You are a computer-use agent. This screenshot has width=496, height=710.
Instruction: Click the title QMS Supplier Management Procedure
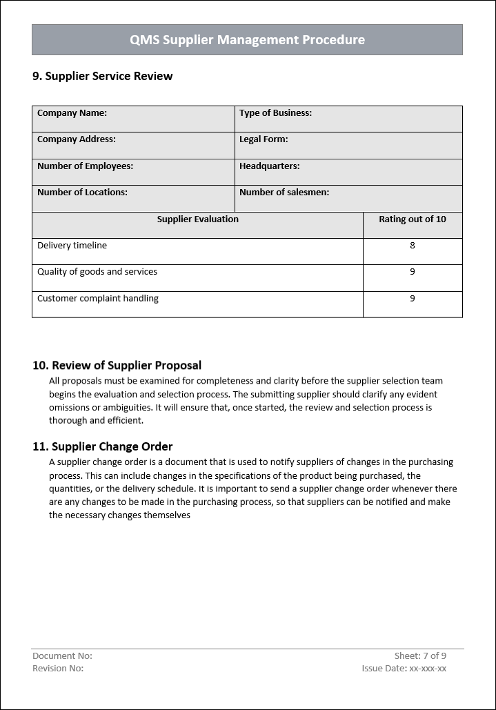pyautogui.click(x=247, y=40)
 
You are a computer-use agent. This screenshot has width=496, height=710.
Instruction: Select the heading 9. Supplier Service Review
pyautogui.click(x=102, y=76)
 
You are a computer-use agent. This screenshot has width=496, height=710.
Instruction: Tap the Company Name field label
pyautogui.click(x=72, y=113)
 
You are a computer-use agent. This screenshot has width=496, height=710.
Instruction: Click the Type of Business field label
pyautogui.click(x=275, y=113)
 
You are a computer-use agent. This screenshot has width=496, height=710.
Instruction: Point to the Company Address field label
pyautogui.click(x=76, y=139)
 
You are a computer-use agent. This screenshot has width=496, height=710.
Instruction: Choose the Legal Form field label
pyautogui.click(x=264, y=139)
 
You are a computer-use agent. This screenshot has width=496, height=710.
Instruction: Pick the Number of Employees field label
pyautogui.click(x=85, y=166)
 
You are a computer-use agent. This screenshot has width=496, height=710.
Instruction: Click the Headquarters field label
pyautogui.click(x=269, y=166)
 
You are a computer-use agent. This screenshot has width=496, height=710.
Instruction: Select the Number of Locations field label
pyautogui.click(x=82, y=193)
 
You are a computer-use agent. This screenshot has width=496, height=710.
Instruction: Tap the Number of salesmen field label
pyautogui.click(x=284, y=193)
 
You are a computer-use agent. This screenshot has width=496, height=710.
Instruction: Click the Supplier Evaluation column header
pyautogui.click(x=197, y=219)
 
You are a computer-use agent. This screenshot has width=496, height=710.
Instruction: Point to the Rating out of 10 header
pyautogui.click(x=413, y=219)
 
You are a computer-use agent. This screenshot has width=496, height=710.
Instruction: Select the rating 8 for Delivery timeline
pyautogui.click(x=413, y=246)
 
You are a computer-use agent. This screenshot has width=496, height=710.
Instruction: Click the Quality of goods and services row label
pyautogui.click(x=97, y=272)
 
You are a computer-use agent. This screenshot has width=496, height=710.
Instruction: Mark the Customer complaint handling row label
pyautogui.click(x=98, y=299)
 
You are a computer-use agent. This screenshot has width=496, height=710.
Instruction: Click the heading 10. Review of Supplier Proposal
pyautogui.click(x=117, y=365)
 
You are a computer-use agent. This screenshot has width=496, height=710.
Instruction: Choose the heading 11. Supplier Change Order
pyautogui.click(x=102, y=446)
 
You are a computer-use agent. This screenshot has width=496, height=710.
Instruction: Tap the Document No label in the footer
pyautogui.click(x=62, y=655)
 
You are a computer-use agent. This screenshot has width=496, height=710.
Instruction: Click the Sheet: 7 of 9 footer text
pyautogui.click(x=420, y=655)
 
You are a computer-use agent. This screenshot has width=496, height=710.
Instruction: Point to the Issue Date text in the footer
pyautogui.click(x=404, y=668)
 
